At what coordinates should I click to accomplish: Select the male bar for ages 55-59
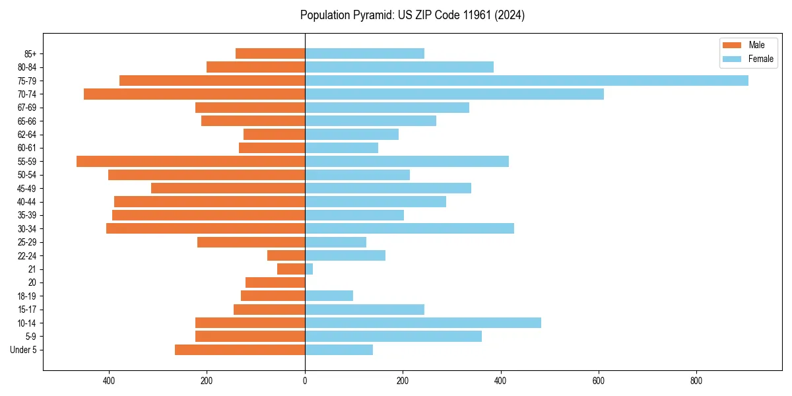191,161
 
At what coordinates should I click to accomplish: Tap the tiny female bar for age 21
309,269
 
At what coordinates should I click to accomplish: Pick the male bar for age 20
275,282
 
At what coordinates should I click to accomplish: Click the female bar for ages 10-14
423,323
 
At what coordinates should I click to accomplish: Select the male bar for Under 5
240,350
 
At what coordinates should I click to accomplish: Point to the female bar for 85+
364,53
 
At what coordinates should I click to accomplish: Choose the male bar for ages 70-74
194,94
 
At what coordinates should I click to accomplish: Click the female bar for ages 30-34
409,228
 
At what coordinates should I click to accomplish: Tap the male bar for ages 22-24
286,255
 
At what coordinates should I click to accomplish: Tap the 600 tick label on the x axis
599,381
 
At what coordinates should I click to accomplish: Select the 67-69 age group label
27,108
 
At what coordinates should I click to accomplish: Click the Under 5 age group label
23,350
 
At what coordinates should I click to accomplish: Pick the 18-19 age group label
27,296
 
